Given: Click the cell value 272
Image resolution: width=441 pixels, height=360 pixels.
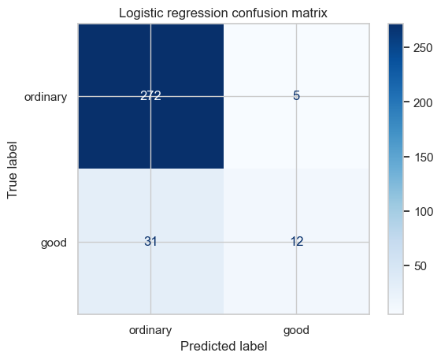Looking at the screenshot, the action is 150,96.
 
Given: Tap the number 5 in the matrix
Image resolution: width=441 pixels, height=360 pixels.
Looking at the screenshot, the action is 296,96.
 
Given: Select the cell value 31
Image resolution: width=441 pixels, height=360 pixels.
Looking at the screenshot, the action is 150,242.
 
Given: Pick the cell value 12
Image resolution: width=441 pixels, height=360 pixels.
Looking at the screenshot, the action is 297,242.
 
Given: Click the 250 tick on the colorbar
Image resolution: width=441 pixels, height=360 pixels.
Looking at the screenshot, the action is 423,48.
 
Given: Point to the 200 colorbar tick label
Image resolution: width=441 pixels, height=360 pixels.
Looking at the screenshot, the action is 423,103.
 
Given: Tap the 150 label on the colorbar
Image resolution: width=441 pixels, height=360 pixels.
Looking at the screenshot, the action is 423,158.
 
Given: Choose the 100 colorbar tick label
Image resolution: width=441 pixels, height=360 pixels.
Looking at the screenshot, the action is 423,212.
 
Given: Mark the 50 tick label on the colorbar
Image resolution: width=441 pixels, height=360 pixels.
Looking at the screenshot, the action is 421,266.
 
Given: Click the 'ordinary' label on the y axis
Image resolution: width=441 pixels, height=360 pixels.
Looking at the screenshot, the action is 46,97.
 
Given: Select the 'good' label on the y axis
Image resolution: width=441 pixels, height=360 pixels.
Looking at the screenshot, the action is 54,243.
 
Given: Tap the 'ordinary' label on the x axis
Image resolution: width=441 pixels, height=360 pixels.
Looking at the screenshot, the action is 150,330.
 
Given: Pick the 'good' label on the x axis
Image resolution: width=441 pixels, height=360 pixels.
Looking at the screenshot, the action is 296,330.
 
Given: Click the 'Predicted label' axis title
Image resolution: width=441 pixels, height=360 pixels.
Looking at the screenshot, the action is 224,347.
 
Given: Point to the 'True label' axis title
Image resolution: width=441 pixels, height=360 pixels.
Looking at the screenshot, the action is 13,170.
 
